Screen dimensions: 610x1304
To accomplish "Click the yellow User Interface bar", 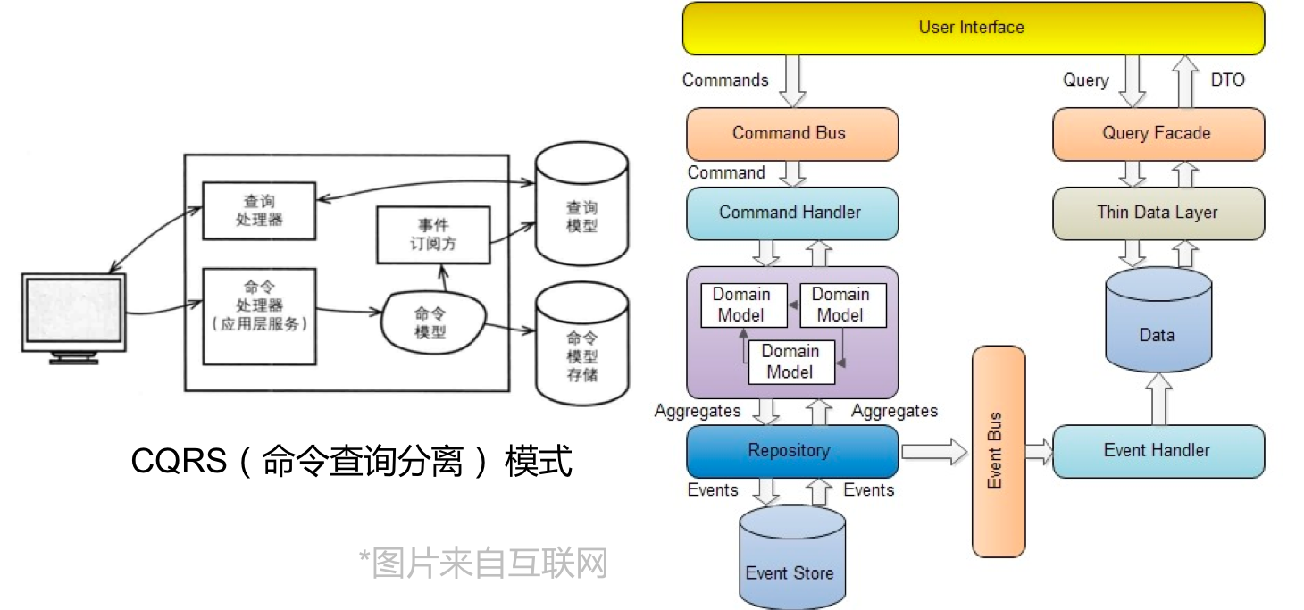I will (973, 28).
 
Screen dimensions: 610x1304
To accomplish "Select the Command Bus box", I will (791, 134).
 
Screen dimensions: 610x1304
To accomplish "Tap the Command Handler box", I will (791, 213).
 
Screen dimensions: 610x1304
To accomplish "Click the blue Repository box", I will (791, 451).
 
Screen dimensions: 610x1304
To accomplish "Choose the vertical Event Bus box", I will (998, 451).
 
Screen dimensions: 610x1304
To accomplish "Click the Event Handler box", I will (1158, 451).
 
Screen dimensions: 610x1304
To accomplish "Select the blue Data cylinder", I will (1158, 326).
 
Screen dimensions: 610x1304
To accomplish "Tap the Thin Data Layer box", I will (1158, 213).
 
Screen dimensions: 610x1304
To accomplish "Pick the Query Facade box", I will (1158, 134).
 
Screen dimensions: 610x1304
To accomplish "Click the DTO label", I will (1227, 80).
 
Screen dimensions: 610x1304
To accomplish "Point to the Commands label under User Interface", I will (725, 80).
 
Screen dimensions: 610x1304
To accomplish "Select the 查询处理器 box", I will (259, 211).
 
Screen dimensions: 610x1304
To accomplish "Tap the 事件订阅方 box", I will (433, 234).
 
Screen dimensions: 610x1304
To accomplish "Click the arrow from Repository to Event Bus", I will (934, 451).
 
